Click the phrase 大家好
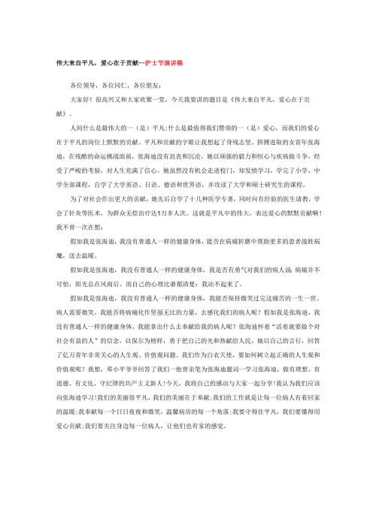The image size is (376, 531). [79, 99]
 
